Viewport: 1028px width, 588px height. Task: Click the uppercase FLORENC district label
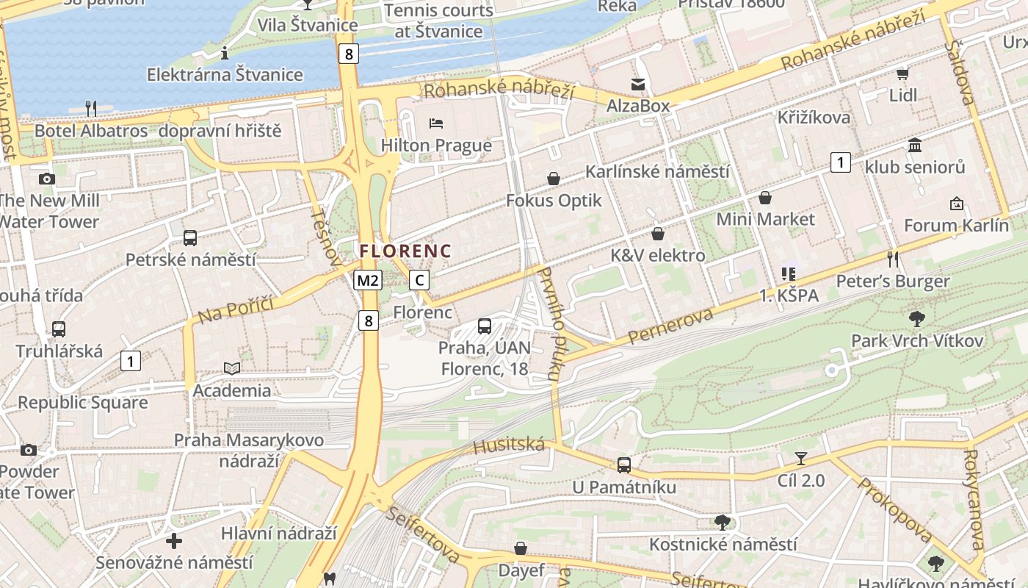(x=405, y=251)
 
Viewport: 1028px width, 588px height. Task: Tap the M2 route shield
(x=368, y=280)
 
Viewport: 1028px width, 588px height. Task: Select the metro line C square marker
(x=419, y=280)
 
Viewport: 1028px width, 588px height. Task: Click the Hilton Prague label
(x=436, y=145)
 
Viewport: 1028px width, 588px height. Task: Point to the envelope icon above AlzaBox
(x=638, y=85)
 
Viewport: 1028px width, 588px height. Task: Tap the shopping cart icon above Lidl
(x=902, y=74)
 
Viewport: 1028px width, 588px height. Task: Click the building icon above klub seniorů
(x=914, y=146)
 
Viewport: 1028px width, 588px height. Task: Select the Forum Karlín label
(x=956, y=225)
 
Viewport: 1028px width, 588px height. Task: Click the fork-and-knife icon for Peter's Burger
(x=893, y=259)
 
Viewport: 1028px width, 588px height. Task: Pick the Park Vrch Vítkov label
(x=917, y=340)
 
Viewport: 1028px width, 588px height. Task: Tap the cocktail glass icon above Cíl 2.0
(x=800, y=459)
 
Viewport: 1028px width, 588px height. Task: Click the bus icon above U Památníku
(x=623, y=465)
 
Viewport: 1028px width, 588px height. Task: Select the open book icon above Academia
(x=231, y=368)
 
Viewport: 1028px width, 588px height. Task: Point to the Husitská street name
(x=509, y=445)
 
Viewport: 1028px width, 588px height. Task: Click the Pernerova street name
(x=671, y=326)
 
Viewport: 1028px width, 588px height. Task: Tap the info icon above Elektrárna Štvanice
(x=225, y=53)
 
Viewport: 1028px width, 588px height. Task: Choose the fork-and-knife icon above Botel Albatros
(x=91, y=109)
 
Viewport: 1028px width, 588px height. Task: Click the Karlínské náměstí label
(x=657, y=171)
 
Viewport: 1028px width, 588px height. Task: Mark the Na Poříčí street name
(x=235, y=309)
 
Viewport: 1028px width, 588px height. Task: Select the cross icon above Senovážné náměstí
(x=174, y=542)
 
